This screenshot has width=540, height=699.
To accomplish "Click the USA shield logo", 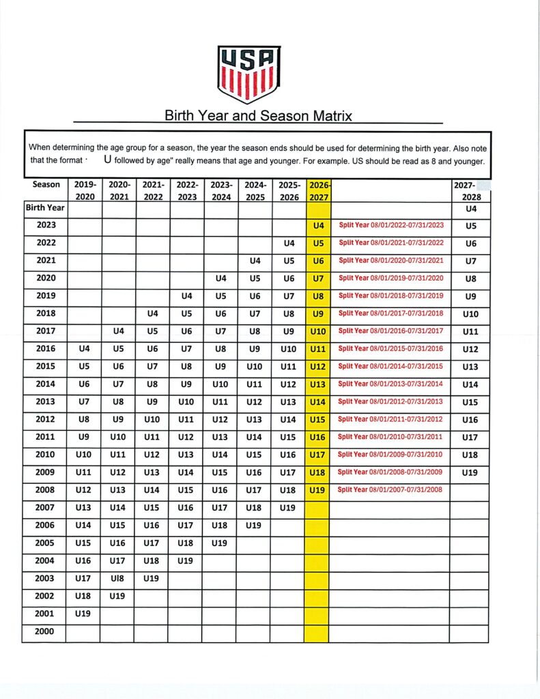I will coord(248,74).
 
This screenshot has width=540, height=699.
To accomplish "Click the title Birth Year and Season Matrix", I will coord(258,115).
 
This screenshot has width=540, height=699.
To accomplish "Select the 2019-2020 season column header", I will coord(84,190).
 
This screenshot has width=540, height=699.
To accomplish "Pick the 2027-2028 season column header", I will coord(469,190).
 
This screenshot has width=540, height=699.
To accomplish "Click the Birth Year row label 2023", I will coord(44,225).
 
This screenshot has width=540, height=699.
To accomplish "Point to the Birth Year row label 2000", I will coord(44,632).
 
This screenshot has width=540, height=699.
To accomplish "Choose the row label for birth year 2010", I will coord(44,455).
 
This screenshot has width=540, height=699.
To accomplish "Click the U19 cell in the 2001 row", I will coord(84,614).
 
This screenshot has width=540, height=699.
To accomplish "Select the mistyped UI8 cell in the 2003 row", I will coord(117,579).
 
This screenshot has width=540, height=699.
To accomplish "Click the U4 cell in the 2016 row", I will coord(84,349).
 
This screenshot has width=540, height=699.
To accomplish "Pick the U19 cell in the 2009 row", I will coord(469,472).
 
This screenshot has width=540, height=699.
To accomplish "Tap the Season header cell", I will coord(46,184).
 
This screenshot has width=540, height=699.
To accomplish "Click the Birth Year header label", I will coord(44,208).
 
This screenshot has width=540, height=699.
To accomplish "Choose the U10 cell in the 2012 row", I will coord(152,420).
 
